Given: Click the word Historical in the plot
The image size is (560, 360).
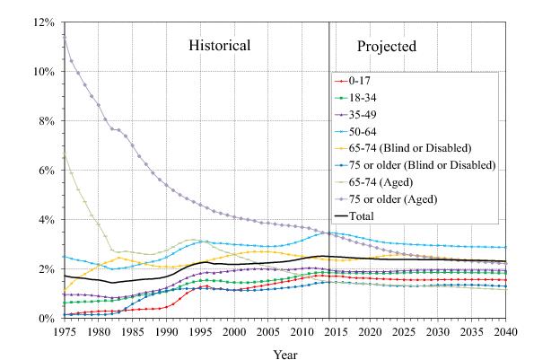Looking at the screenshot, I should tap(219, 45).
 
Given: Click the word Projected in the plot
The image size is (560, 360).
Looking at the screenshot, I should tap(387, 46).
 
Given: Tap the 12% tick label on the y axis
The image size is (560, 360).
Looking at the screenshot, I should tap(45, 22).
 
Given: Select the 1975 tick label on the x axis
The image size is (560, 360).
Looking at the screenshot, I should tap(65, 332).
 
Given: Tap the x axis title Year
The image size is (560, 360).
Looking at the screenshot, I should tap(285, 353).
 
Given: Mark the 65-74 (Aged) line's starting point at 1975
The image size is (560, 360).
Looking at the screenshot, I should tap(65, 155).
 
